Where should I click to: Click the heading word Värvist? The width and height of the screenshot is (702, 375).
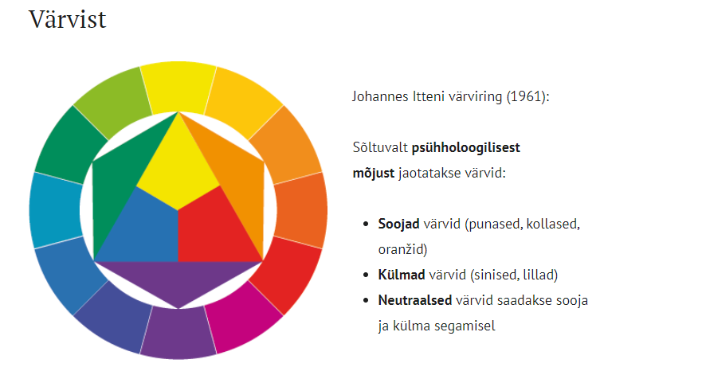[68, 20]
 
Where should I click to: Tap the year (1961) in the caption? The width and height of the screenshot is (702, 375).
[527, 96]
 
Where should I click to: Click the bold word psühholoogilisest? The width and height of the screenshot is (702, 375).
[465, 148]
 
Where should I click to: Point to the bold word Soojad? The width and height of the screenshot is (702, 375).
[398, 224]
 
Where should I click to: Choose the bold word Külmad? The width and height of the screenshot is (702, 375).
[401, 275]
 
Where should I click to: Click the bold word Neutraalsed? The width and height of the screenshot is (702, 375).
[414, 300]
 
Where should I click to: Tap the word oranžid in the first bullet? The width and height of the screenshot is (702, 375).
[402, 249]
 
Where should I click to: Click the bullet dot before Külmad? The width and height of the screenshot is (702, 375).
[367, 275]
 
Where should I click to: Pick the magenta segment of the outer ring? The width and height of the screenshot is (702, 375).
[245, 316]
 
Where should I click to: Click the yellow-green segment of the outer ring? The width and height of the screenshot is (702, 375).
[112, 103]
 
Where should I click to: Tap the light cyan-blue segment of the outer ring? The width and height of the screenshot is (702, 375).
[56, 210]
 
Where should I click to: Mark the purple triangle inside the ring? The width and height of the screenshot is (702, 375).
[178, 279]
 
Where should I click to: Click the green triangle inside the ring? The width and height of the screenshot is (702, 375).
[120, 179]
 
